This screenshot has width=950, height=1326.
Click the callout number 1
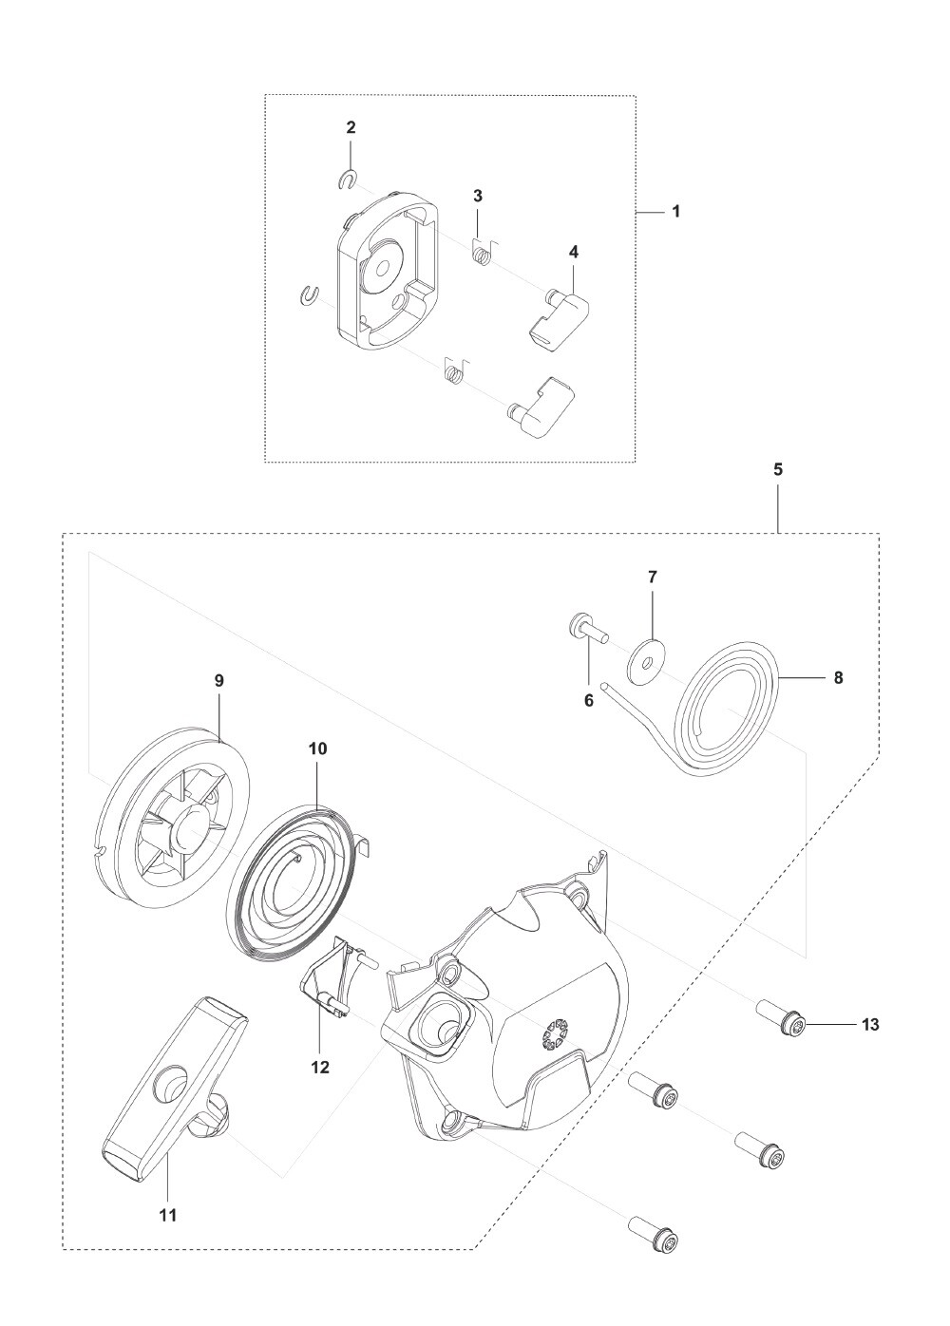click(676, 211)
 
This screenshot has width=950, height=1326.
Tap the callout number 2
click(351, 127)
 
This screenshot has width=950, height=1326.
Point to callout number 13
click(870, 1024)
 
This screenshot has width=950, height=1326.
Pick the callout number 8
click(838, 677)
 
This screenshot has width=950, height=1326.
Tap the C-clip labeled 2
click(347, 180)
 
